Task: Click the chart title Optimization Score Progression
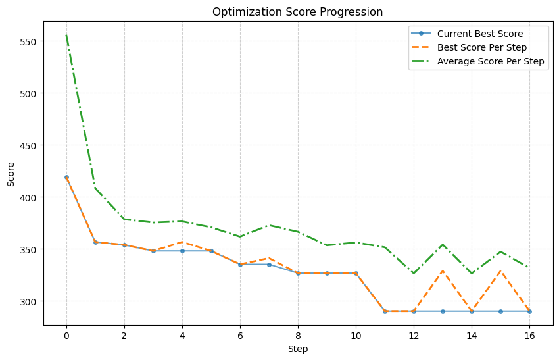pos(298,12)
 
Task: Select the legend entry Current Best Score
pos(483,33)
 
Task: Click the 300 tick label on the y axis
pos(30,301)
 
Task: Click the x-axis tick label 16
pos(529,336)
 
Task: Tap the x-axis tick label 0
pos(66,336)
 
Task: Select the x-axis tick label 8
pos(298,336)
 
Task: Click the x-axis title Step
pos(298,349)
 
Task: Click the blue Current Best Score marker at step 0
pos(66,177)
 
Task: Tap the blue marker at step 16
pos(529,311)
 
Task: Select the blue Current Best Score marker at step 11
pos(385,311)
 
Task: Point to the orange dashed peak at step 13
pos(443,270)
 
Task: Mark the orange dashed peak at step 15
pos(500,270)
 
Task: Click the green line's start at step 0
pos(66,36)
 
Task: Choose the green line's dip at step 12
pos(414,272)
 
